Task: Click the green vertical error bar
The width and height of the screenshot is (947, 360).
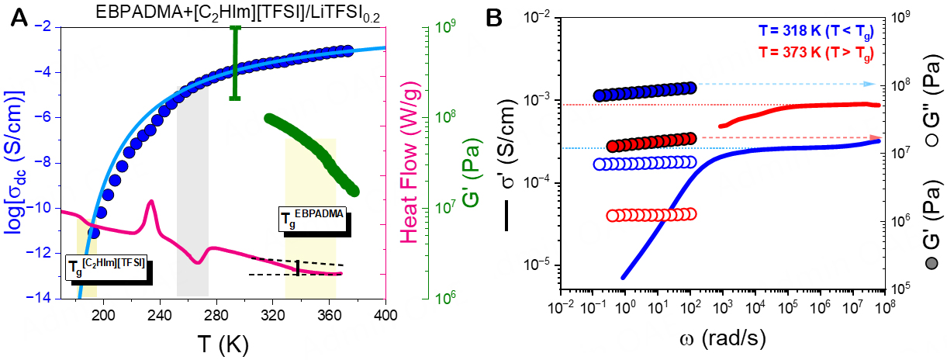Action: pyautogui.click(x=235, y=62)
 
